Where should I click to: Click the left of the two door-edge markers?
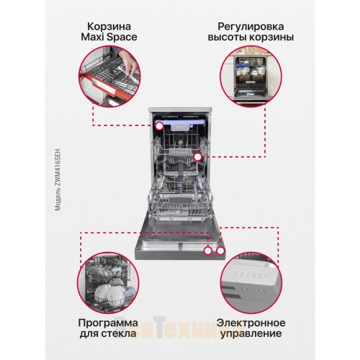207,251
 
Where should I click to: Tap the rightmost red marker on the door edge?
220,251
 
